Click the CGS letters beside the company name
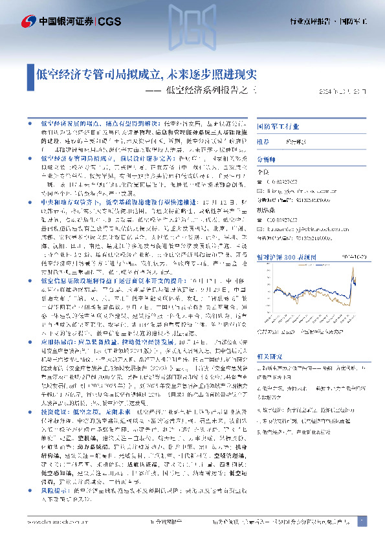click(x=111, y=21)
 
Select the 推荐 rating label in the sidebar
click(x=263, y=140)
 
